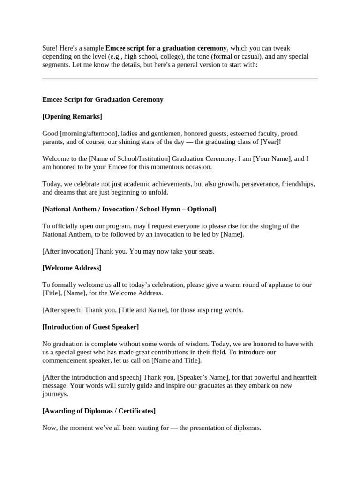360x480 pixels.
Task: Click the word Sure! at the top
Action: point(50,48)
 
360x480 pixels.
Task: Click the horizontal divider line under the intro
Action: point(180,79)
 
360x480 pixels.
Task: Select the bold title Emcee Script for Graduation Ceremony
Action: point(103,99)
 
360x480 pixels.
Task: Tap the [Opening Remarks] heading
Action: point(72,116)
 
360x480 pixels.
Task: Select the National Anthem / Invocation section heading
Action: point(129,209)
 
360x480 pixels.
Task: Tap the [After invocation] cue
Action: point(67,251)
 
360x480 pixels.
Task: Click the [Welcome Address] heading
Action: point(72,268)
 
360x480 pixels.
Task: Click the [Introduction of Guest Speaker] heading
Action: point(90,327)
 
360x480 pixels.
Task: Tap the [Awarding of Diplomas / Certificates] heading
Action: point(99,411)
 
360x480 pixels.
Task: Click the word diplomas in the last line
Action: point(246,428)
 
